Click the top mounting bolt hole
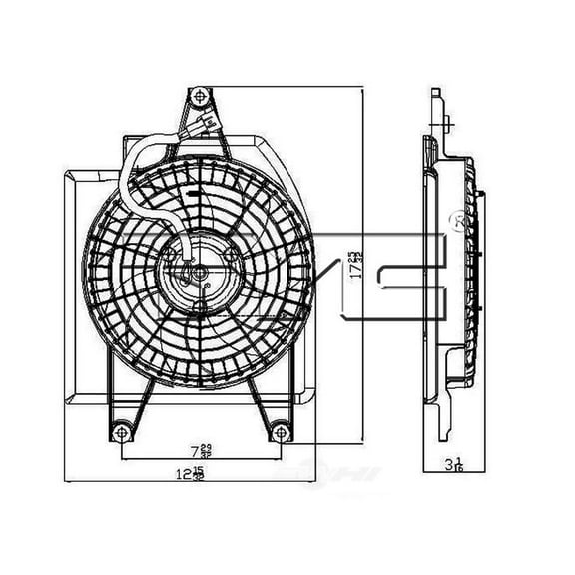[x=200, y=96]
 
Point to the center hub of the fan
[x=198, y=271]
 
